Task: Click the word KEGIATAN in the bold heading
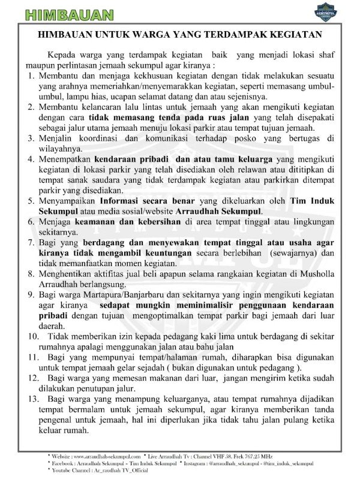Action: click(x=295, y=34)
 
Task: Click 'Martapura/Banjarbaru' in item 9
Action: click(x=111, y=294)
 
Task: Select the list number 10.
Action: click(x=32, y=336)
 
